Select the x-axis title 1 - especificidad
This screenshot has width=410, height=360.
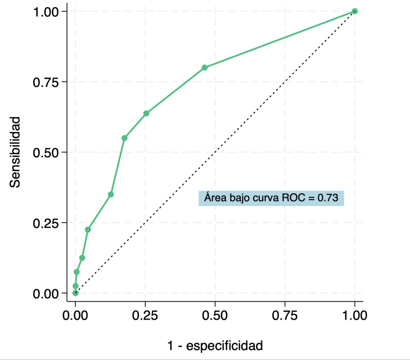coord(215,345)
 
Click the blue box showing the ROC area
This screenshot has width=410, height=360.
coord(271,197)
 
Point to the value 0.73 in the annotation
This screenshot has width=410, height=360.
coord(330,197)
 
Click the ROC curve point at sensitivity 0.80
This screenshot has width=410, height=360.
coord(204,68)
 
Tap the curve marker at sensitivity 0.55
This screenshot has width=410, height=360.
coord(124,138)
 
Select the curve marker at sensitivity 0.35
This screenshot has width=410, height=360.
coord(111,194)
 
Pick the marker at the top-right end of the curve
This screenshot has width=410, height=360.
coord(355,11)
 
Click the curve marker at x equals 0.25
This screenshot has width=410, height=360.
coord(146,113)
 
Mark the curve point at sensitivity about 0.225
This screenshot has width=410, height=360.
coord(87,229)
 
